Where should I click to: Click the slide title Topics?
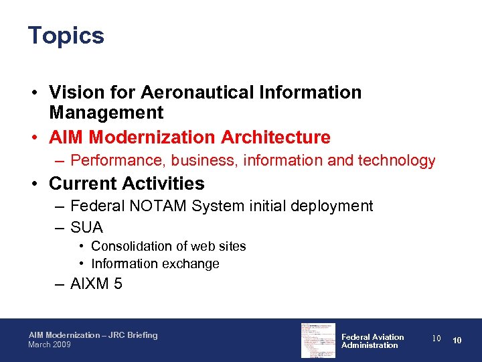coord(66,36)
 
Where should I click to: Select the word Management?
coord(106,113)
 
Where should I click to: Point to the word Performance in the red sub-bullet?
coord(118,161)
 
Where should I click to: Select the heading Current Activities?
coord(127,184)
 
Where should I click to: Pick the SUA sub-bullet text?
coord(86,228)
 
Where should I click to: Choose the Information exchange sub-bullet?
coord(155,264)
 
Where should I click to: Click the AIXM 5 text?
coord(96,284)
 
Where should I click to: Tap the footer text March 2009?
coord(49,345)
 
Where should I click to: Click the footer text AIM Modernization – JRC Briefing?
coord(93,335)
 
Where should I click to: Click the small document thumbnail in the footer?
coord(318,340)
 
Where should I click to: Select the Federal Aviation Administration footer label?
coord(372,341)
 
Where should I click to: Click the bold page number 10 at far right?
coord(457,341)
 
